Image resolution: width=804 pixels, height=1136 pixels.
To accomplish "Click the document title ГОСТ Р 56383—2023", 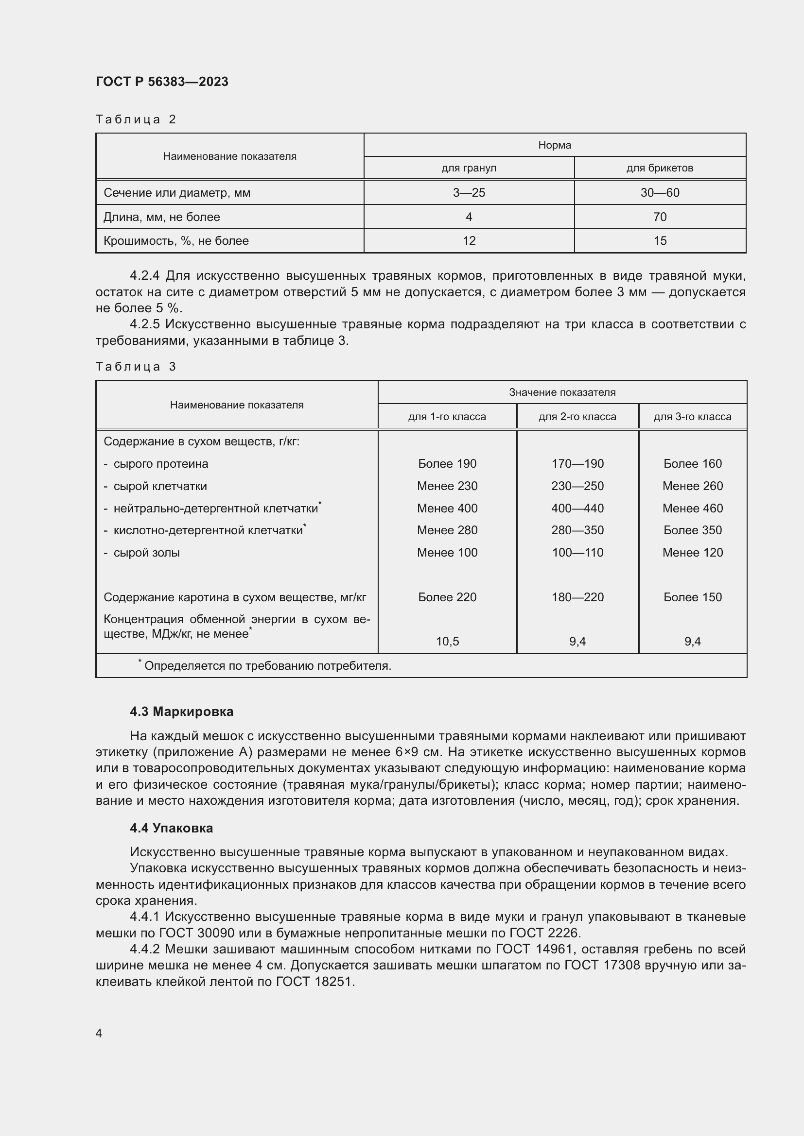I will pyautogui.click(x=162, y=82).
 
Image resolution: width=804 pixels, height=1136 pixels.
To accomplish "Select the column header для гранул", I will pyautogui.click(x=468, y=168).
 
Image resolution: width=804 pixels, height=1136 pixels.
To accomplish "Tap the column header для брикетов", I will pyautogui.click(x=660, y=168).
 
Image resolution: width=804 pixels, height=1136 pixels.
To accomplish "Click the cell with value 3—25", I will pyautogui.click(x=468, y=192).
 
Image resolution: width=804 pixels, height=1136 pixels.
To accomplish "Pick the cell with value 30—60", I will pyautogui.click(x=660, y=192).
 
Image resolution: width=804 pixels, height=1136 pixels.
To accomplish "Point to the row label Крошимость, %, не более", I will pyautogui.click(x=176, y=241).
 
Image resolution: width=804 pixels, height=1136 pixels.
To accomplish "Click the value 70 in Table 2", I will pyautogui.click(x=660, y=217).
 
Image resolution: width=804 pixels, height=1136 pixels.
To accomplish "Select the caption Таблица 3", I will pyautogui.click(x=136, y=367).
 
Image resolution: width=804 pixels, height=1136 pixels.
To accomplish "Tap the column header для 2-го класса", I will pyautogui.click(x=577, y=417).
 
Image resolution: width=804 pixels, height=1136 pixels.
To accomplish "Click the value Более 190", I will pyautogui.click(x=447, y=464).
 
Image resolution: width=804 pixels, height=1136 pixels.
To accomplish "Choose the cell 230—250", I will pyautogui.click(x=577, y=486).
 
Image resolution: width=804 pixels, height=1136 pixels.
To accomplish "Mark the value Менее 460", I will pyautogui.click(x=692, y=508).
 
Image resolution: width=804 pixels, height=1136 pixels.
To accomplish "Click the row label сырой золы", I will pyautogui.click(x=146, y=553).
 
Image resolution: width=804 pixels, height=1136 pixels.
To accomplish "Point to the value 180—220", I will pyautogui.click(x=577, y=597).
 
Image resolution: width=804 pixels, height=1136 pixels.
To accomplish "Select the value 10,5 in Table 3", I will pyautogui.click(x=447, y=641).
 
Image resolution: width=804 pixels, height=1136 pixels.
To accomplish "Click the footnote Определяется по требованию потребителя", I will pyautogui.click(x=267, y=666).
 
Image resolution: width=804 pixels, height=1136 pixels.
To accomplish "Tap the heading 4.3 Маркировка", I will pyautogui.click(x=181, y=712).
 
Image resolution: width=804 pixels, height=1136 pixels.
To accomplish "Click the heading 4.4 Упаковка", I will pyautogui.click(x=171, y=828).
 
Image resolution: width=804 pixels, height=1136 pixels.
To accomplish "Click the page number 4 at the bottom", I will pyautogui.click(x=99, y=1033).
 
